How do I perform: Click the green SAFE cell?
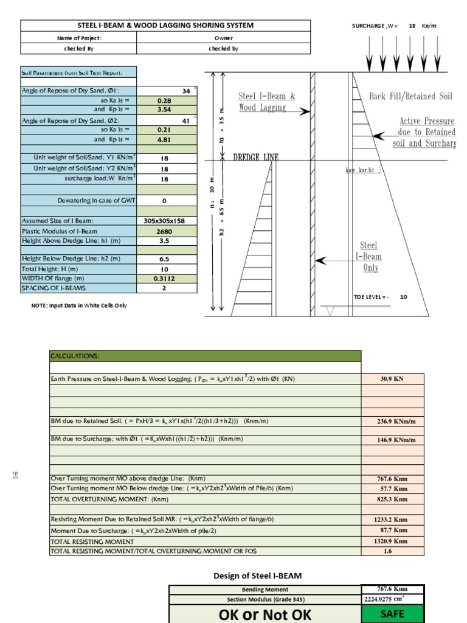(392, 614)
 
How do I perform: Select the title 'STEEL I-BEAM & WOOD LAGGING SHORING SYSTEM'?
(165, 26)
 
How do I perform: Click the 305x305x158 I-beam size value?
(164, 221)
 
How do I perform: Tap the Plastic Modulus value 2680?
(164, 231)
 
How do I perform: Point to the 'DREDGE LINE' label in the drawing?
(256, 157)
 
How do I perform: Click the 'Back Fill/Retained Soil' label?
(410, 96)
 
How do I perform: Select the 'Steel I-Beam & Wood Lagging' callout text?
(267, 102)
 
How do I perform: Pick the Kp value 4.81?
(164, 139)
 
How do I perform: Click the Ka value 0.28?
(164, 100)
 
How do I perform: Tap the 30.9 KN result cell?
(392, 378)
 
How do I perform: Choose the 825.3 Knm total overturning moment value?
(392, 499)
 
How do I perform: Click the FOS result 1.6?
(392, 551)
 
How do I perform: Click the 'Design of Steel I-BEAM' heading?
(257, 576)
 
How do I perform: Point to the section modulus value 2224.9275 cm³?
(392, 599)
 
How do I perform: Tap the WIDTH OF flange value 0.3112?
(164, 278)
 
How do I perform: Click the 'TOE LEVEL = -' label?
(372, 297)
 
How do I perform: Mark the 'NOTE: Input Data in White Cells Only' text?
(79, 305)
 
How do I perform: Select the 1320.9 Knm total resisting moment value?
(392, 541)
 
